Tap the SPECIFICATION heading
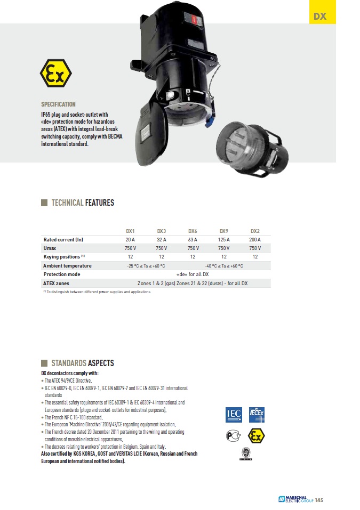pos(58,104)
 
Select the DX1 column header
pos(130,231)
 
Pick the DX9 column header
pos(224,231)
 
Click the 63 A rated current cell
pos(193,239)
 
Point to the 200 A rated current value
pos(255,239)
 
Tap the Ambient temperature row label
pos(67,265)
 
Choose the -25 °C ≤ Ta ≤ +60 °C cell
pos(146,265)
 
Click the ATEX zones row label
pos(56,283)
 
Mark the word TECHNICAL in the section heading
pos(67,203)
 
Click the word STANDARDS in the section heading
pos(68,363)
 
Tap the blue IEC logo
pos(234,414)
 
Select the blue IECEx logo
pos(257,414)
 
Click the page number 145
pos(319,500)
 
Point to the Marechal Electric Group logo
pos(295,500)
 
